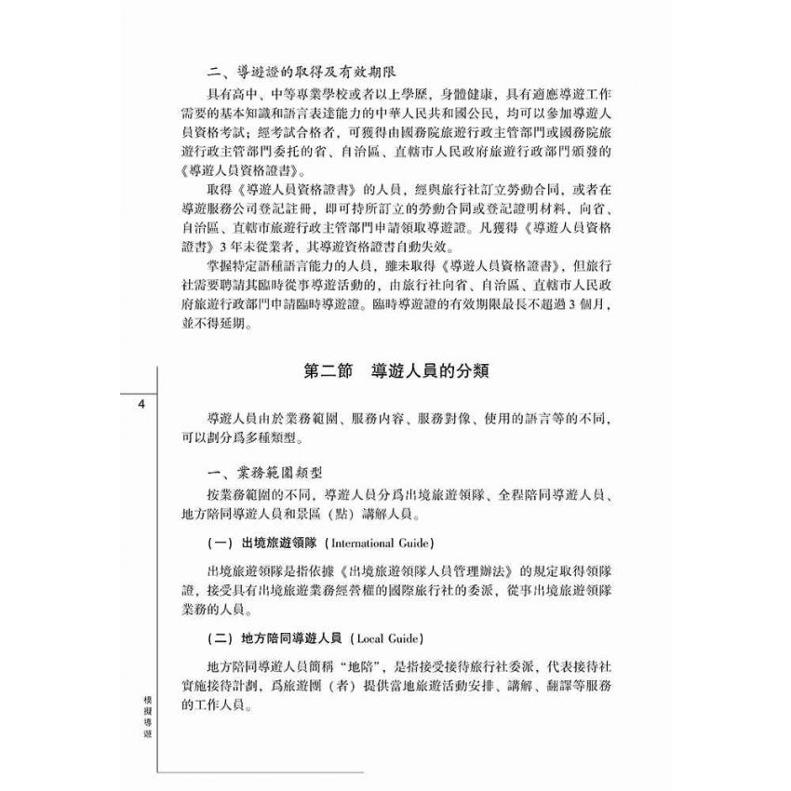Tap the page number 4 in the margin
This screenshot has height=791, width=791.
click(140, 405)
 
